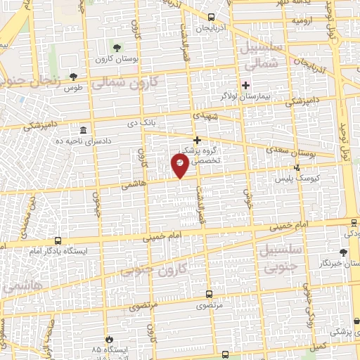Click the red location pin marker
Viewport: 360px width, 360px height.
pos(180,165)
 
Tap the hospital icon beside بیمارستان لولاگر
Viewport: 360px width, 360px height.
pos(245,86)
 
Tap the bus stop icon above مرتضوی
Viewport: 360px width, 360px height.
pos(207,295)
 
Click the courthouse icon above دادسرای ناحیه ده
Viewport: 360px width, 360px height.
pos(84,131)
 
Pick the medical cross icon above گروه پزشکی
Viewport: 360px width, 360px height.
pos(198,140)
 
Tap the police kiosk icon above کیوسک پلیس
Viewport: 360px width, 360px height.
pos(298,167)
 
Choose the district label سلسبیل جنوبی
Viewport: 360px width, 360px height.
pos(280,257)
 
